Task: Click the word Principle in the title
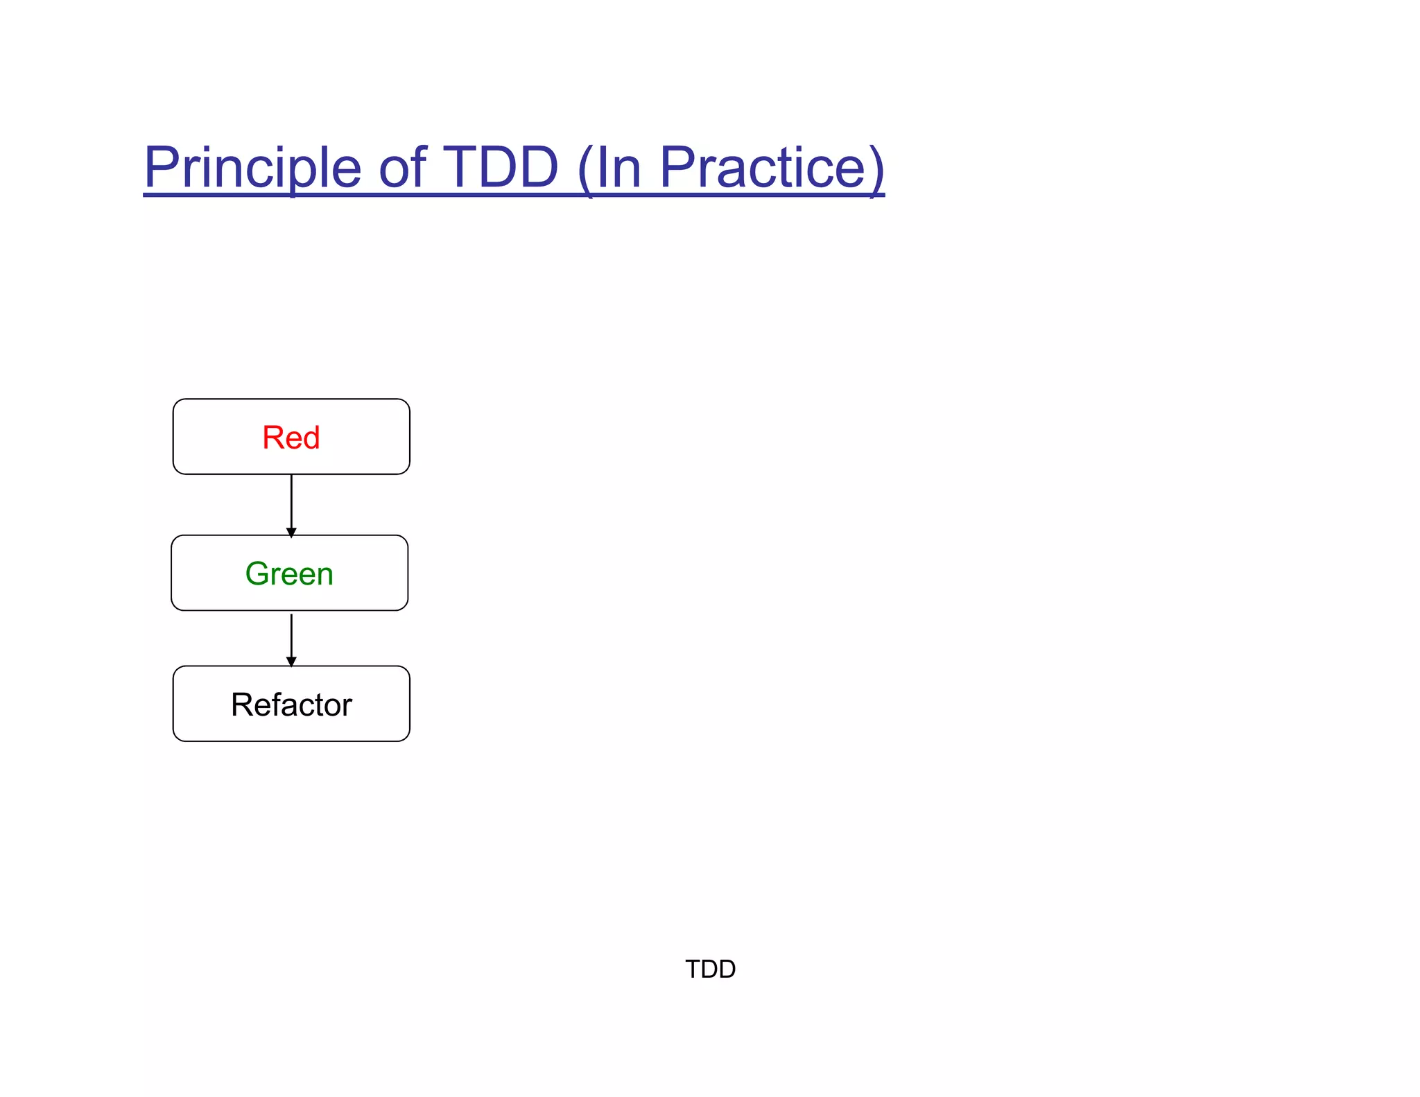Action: click(252, 168)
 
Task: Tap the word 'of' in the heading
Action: click(402, 168)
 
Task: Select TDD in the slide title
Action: click(500, 168)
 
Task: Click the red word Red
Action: click(291, 438)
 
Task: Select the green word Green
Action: click(289, 573)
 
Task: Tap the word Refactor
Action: click(291, 705)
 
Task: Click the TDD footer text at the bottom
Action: click(710, 969)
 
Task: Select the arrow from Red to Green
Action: click(291, 503)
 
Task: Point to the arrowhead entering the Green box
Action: click(291, 533)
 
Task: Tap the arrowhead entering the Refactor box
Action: click(291, 662)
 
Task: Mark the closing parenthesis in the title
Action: click(876, 169)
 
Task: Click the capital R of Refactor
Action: click(243, 705)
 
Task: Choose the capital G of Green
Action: click(258, 573)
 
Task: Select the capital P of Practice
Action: click(677, 168)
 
